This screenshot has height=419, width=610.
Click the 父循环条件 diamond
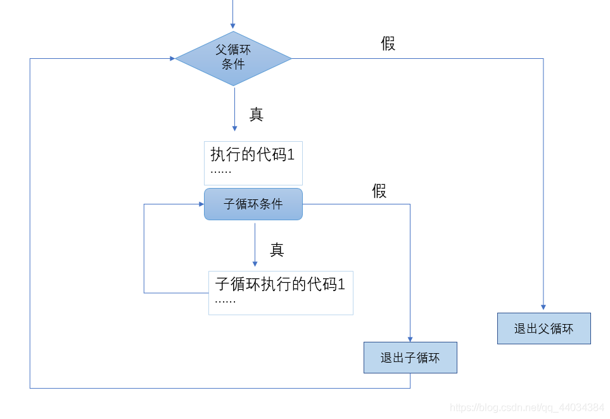click(x=233, y=58)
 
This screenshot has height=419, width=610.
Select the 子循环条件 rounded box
click(x=253, y=204)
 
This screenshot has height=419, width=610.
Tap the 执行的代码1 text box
click(x=253, y=163)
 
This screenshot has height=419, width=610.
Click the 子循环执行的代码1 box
click(x=281, y=292)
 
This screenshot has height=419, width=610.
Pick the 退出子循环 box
click(x=410, y=358)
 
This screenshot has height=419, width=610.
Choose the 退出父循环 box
click(x=543, y=328)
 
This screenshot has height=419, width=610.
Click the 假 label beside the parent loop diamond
click(x=388, y=44)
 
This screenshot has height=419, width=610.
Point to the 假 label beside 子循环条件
click(x=379, y=191)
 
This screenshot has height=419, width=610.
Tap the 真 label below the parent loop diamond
click(x=256, y=115)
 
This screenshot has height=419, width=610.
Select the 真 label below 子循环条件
click(x=277, y=250)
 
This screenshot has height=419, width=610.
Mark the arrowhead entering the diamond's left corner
click(x=172, y=58)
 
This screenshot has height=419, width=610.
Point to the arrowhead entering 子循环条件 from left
click(x=200, y=204)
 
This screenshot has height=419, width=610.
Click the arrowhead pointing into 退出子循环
click(x=410, y=339)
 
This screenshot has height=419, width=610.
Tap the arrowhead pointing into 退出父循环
click(x=543, y=309)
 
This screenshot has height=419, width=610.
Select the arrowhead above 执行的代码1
click(x=234, y=128)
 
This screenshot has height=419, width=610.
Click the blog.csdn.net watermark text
click(x=526, y=407)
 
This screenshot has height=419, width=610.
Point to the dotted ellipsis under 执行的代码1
click(x=221, y=172)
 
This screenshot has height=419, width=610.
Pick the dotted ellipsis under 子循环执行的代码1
click(x=226, y=301)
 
